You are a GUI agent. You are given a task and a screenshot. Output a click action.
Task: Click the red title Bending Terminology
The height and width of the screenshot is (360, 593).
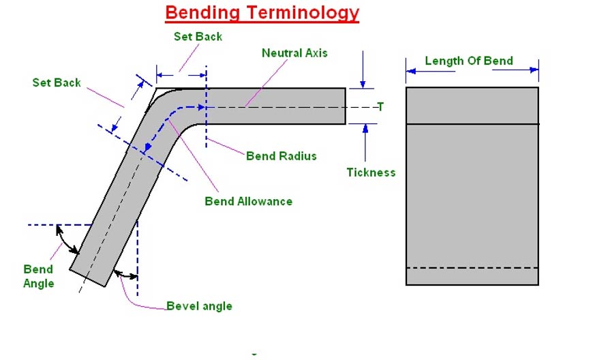click(x=262, y=12)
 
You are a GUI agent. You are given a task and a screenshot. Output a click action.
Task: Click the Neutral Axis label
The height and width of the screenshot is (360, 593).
click(x=294, y=52)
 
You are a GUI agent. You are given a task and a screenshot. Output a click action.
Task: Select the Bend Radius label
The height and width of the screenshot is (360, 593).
click(x=281, y=156)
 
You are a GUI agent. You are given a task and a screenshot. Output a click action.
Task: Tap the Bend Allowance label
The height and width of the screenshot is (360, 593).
click(x=248, y=201)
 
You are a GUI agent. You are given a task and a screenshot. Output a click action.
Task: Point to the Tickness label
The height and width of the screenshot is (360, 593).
click(x=371, y=172)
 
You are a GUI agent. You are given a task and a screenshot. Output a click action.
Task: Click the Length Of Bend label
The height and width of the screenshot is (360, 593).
click(x=468, y=61)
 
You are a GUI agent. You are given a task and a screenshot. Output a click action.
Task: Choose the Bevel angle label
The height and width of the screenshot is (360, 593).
click(x=199, y=306)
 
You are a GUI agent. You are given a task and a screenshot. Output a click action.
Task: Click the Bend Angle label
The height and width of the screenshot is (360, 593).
click(x=38, y=276)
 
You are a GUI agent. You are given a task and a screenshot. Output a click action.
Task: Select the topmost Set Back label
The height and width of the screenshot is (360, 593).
click(x=198, y=36)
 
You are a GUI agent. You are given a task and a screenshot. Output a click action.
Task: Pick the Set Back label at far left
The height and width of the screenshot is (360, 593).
click(x=57, y=82)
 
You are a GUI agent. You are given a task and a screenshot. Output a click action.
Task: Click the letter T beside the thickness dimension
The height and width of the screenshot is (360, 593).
click(x=380, y=106)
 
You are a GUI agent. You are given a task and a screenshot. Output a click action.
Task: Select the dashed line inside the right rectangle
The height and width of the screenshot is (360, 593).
click(x=472, y=268)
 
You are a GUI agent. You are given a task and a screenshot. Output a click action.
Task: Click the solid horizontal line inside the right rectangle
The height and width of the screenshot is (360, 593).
click(x=472, y=123)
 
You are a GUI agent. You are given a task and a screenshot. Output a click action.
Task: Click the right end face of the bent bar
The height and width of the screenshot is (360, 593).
click(x=345, y=106)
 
